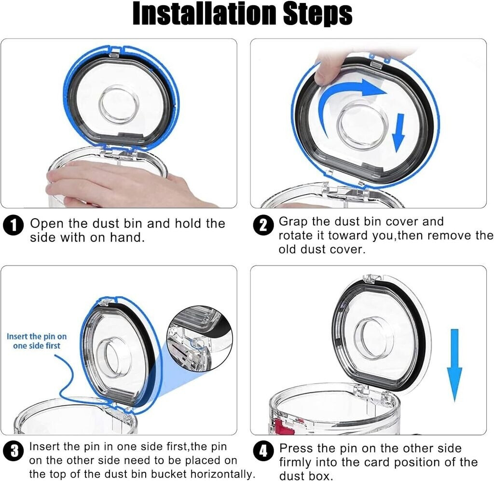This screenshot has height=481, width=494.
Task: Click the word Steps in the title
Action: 317,14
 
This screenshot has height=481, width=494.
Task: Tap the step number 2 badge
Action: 263,225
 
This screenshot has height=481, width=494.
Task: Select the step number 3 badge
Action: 13,451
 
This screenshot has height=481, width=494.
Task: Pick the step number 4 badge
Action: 263,451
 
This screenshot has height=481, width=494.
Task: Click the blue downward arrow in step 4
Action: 454,365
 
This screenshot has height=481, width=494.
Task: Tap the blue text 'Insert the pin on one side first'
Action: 37,341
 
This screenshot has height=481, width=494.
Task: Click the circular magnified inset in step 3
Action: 200,339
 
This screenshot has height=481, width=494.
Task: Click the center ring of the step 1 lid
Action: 119,104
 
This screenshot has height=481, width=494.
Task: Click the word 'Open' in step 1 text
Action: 47,223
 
